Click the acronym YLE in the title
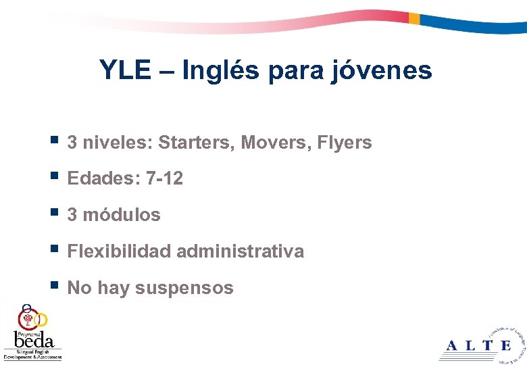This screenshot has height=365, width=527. (x=125, y=70)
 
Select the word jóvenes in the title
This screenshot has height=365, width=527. (x=382, y=70)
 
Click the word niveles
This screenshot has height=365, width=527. (x=117, y=143)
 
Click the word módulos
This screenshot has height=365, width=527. (x=122, y=215)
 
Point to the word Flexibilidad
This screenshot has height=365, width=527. (x=120, y=251)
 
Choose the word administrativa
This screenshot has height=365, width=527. (x=241, y=251)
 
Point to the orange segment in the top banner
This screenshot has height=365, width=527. (x=414, y=18)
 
